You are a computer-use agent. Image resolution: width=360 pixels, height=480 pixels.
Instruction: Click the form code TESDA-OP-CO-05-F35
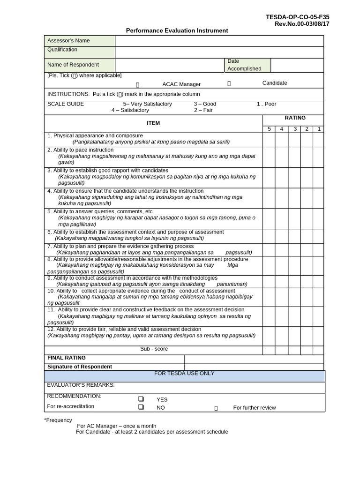(x=297, y=17)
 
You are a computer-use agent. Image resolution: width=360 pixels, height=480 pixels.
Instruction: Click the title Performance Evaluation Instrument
(x=177, y=30)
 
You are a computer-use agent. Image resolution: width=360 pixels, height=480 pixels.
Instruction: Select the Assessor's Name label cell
(x=79, y=41)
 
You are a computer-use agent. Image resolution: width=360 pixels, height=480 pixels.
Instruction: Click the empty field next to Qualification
(x=219, y=52)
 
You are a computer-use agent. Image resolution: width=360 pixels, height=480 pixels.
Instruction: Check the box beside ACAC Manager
(x=138, y=85)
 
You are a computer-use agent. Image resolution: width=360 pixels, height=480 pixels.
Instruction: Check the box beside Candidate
(x=229, y=84)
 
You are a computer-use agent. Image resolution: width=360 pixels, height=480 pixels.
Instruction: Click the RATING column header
(x=295, y=118)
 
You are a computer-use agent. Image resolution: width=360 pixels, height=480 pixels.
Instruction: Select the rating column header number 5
(x=269, y=129)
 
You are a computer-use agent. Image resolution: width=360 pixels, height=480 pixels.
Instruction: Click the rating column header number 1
(x=318, y=129)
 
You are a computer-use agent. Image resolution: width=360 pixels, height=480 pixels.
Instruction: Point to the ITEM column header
(x=153, y=123)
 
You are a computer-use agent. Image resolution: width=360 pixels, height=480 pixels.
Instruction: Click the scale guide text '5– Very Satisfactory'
(x=147, y=104)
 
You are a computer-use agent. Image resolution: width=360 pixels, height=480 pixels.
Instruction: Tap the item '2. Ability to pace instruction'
(x=80, y=150)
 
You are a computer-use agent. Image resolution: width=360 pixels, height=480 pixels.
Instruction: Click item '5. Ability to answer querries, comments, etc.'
(x=100, y=211)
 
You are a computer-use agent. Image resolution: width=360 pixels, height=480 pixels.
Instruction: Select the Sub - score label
(x=154, y=349)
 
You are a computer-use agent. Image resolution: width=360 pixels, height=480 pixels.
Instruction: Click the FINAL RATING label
(x=66, y=358)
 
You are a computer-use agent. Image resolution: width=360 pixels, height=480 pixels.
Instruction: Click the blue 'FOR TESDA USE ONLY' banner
(x=184, y=374)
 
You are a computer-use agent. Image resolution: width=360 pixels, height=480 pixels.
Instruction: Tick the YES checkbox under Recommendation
(x=140, y=399)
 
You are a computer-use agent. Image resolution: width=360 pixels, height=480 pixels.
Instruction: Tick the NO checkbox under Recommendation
(x=140, y=407)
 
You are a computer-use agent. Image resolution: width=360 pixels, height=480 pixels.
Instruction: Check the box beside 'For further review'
(x=216, y=408)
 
